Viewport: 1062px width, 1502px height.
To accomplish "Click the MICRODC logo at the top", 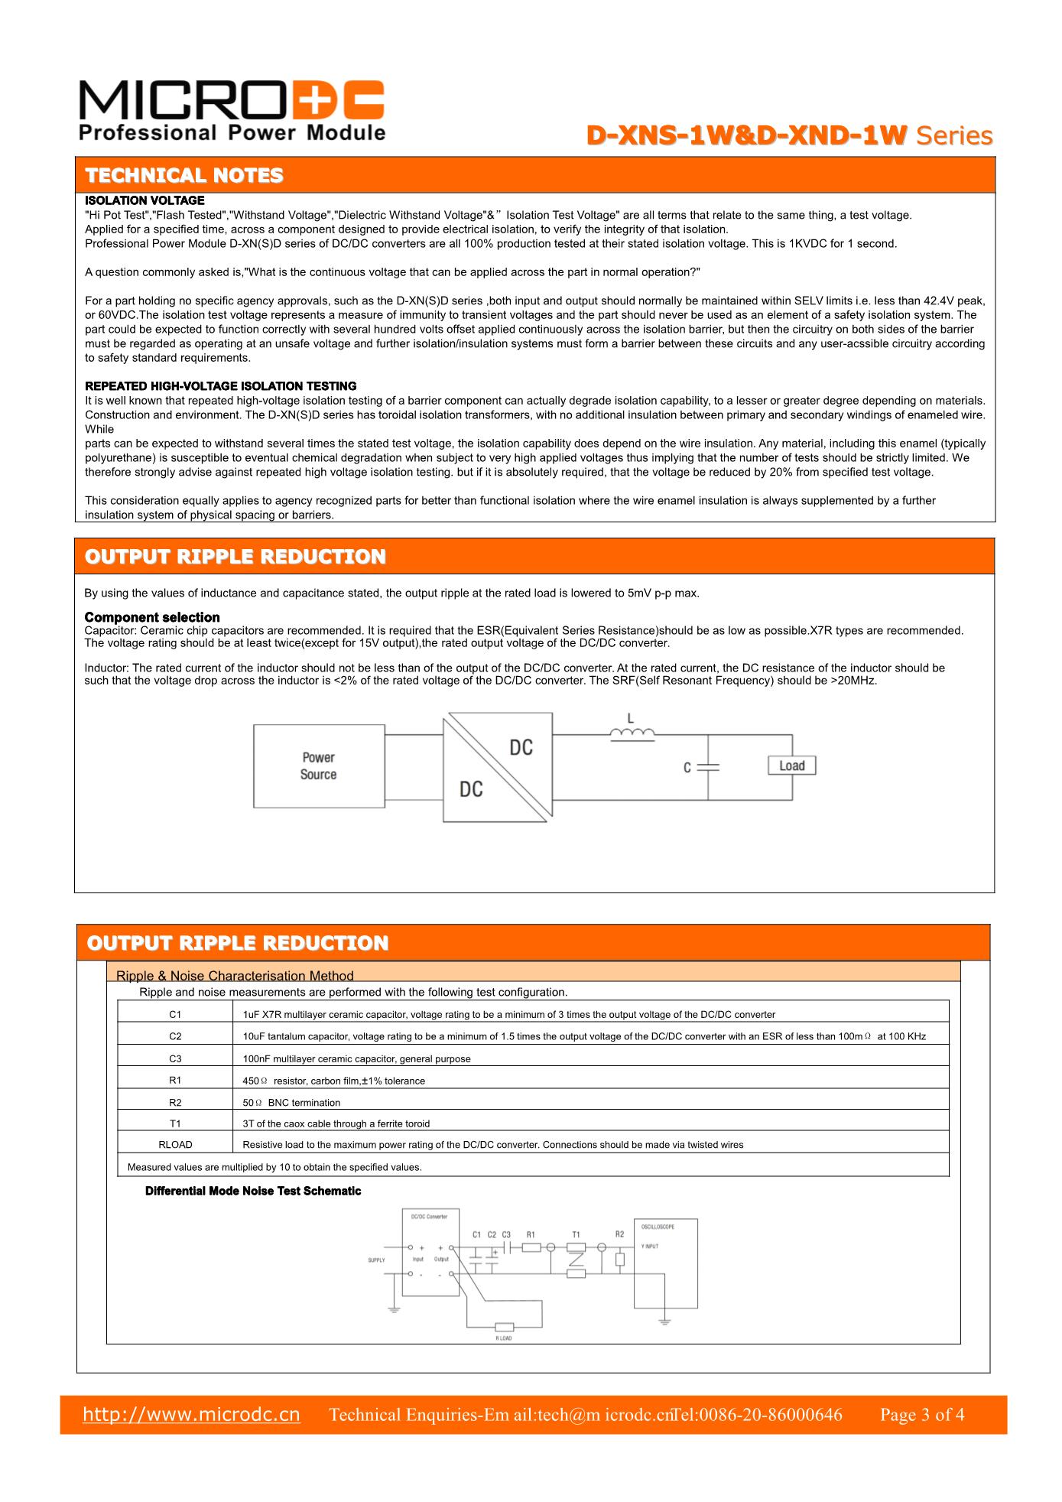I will pyautogui.click(x=232, y=111).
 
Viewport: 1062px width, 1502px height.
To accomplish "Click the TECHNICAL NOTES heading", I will pyautogui.click(x=184, y=175).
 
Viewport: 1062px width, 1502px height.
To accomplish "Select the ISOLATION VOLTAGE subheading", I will pyautogui.click(x=145, y=200).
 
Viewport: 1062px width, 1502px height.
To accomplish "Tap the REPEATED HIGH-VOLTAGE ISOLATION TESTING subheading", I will pyautogui.click(x=220, y=385).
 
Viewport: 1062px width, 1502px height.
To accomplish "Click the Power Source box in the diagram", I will pyautogui.click(x=319, y=766).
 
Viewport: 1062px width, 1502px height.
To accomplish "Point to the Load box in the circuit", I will pyautogui.click(x=791, y=766).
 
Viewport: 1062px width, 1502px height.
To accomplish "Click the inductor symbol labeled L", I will pyautogui.click(x=632, y=734).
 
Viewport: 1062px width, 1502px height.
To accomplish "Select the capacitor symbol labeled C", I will pyautogui.click(x=708, y=767).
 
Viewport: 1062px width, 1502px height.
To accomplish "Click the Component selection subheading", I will pyautogui.click(x=152, y=617).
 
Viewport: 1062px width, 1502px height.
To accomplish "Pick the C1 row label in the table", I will pyautogui.click(x=175, y=1015).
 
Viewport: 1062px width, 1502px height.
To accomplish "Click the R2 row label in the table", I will pyautogui.click(x=175, y=1103).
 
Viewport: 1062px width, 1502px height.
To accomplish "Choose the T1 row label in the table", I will pyautogui.click(x=175, y=1123).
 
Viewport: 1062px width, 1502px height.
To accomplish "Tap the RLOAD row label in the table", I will pyautogui.click(x=175, y=1145).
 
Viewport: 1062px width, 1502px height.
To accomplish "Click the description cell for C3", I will pyautogui.click(x=356, y=1059).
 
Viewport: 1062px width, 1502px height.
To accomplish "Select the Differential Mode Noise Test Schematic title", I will pyautogui.click(x=253, y=1191).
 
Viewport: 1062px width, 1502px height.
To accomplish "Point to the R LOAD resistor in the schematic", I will pyautogui.click(x=504, y=1326).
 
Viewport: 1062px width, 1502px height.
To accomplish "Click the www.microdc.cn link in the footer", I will pyautogui.click(x=191, y=1414).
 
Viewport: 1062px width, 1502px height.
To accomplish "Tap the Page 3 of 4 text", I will pyautogui.click(x=921, y=1415).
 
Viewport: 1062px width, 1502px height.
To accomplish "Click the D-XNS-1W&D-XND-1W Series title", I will pyautogui.click(x=789, y=135).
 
